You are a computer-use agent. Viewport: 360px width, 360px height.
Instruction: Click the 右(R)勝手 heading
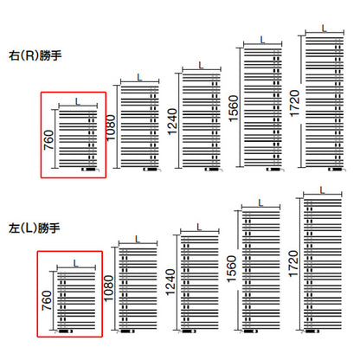point(35,55)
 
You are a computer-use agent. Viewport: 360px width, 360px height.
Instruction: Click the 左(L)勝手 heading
point(35,228)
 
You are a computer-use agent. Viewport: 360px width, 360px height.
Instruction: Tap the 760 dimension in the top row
point(49,140)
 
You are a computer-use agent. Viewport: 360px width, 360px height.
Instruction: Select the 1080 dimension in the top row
point(111,127)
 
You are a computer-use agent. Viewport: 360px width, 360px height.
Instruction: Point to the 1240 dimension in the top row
point(172,121)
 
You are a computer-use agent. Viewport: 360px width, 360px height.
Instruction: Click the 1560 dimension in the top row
point(234,108)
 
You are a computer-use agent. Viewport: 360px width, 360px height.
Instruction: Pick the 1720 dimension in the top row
point(295,104)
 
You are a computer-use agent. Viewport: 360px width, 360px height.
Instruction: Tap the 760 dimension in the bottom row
point(47,300)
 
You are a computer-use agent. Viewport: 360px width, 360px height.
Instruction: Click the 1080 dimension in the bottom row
point(109,288)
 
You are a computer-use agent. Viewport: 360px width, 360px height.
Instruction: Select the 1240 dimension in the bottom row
point(170,282)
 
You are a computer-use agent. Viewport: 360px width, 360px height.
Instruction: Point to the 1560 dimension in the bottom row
point(232,269)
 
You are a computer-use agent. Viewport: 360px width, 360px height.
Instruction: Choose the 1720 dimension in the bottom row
point(293,264)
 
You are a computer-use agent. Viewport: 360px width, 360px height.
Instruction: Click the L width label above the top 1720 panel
point(325,29)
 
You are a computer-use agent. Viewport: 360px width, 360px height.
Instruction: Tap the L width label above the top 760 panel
point(78,101)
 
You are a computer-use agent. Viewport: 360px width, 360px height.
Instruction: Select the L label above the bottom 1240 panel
point(199,228)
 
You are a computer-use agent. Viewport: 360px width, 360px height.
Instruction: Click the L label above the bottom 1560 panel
point(260,203)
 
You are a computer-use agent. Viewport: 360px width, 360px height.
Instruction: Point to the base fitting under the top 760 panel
point(90,170)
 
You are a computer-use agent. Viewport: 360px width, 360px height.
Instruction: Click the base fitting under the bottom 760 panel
point(66,331)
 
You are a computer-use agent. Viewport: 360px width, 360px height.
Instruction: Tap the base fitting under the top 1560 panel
point(275,170)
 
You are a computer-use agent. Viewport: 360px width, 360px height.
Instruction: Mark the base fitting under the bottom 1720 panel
point(312,331)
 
